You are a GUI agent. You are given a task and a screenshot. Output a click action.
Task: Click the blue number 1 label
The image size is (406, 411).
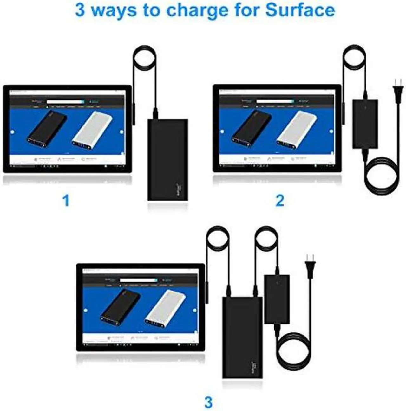(66, 201)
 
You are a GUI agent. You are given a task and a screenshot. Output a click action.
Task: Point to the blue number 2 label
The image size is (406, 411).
(280, 201)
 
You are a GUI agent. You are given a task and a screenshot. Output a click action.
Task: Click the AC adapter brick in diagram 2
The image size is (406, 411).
(365, 124)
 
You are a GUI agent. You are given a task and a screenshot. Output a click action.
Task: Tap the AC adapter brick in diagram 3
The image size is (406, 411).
(277, 299)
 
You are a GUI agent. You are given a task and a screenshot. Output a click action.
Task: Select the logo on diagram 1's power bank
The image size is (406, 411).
(179, 190)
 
